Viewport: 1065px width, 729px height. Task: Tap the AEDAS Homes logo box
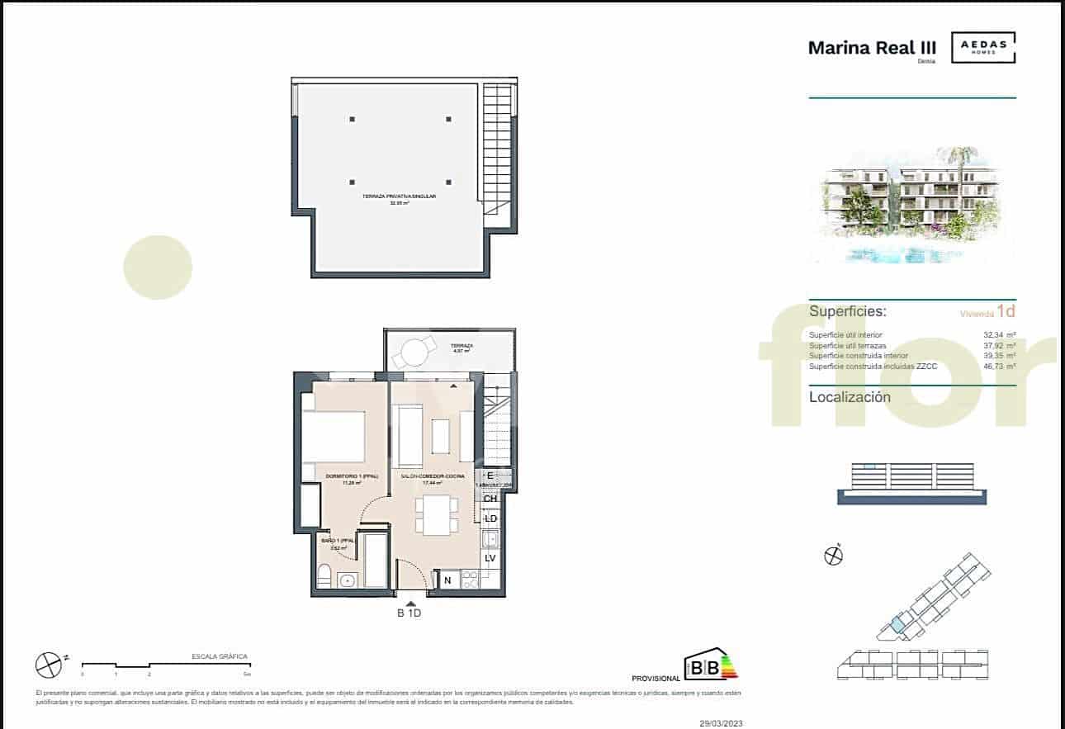[983, 47]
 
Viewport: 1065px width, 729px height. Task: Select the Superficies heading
[848, 311]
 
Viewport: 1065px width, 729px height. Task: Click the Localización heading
[850, 397]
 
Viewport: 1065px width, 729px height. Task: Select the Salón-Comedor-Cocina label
[433, 477]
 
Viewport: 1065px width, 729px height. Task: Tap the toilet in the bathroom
[324, 576]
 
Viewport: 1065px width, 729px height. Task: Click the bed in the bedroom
[334, 437]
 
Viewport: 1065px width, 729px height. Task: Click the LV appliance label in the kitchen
[490, 558]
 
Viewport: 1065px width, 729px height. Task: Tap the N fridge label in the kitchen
[447, 580]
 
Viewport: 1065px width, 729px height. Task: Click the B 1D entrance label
[410, 613]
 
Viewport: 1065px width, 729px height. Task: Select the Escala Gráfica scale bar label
[220, 656]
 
